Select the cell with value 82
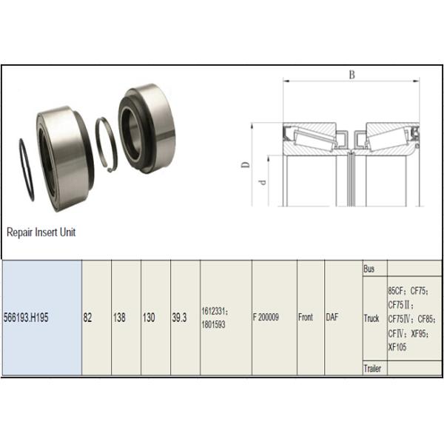click(x=88, y=317)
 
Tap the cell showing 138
click(x=119, y=317)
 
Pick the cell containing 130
click(x=149, y=317)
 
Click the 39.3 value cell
click(x=181, y=317)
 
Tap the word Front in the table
click(x=306, y=317)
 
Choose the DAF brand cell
click(x=332, y=317)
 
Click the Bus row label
click(x=369, y=270)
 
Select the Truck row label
click(x=371, y=319)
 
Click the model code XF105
click(x=399, y=346)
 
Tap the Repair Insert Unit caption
click(x=41, y=232)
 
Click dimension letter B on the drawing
click(x=351, y=74)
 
